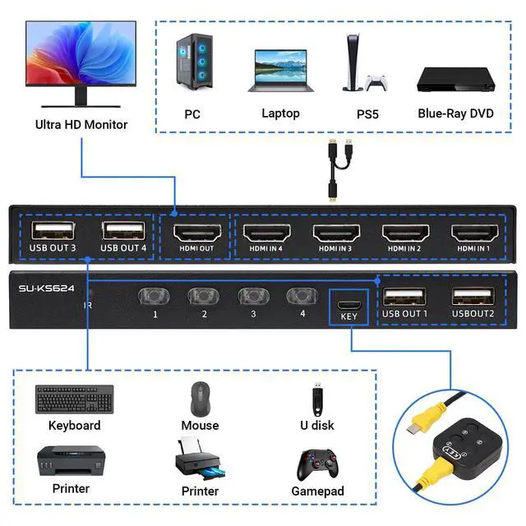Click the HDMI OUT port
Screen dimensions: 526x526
[195, 229]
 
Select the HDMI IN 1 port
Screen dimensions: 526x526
[473, 229]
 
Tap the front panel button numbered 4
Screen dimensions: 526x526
[299, 295]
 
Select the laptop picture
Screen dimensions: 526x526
[279, 72]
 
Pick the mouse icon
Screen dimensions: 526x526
[200, 399]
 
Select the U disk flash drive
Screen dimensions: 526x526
[316, 399]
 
